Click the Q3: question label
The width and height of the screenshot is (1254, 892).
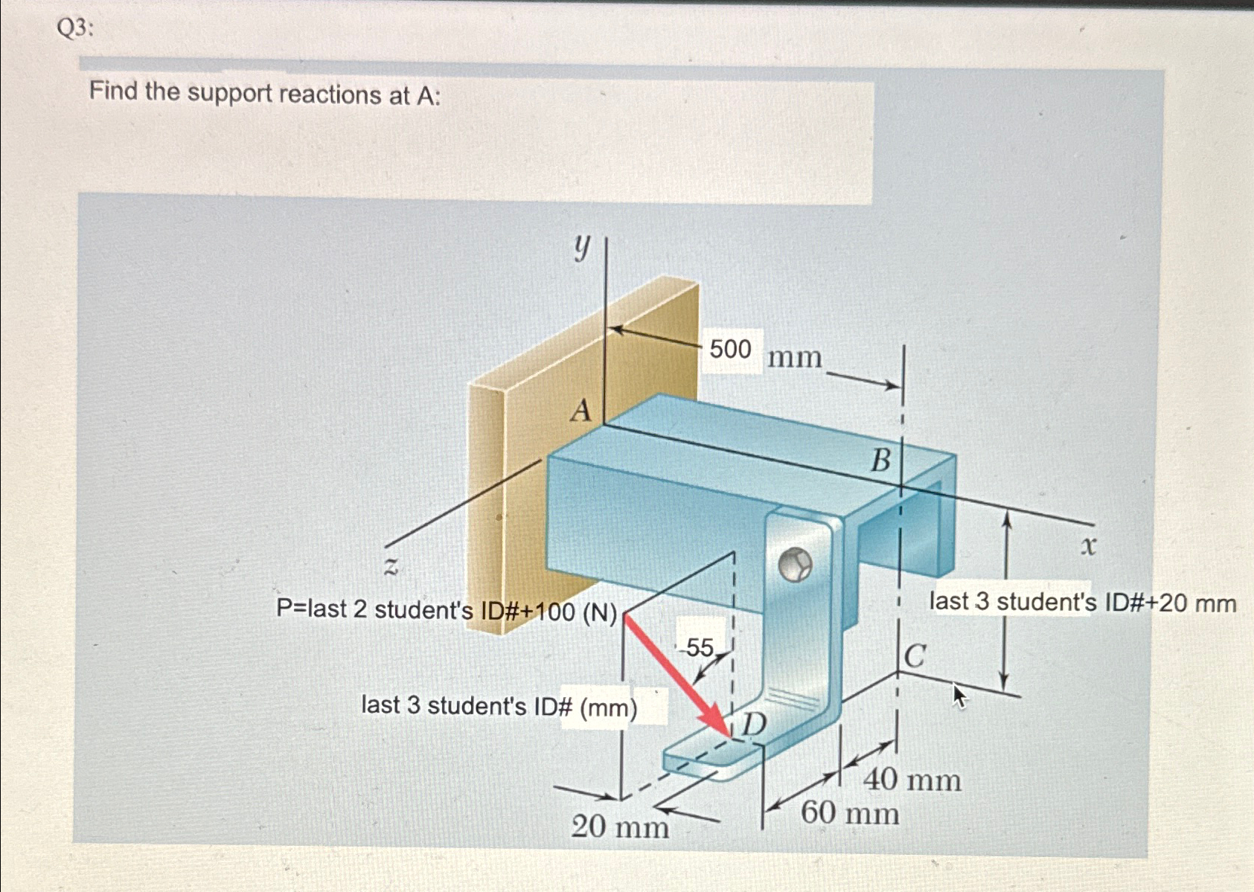(75, 29)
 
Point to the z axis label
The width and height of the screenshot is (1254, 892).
(391, 567)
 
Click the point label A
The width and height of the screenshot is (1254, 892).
(580, 410)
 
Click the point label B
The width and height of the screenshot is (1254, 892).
(880, 461)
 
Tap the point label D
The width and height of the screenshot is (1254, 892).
(754, 723)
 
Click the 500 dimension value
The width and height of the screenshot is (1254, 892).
(730, 349)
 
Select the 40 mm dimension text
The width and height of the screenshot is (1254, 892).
(912, 780)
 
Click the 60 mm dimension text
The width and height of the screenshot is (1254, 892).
(850, 812)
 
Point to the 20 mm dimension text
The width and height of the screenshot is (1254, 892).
(620, 827)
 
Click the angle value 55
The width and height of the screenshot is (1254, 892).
(700, 647)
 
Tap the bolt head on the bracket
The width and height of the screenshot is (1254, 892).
(795, 565)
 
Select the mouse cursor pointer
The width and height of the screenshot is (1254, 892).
(959, 696)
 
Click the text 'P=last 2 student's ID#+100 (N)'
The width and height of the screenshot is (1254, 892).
(447, 610)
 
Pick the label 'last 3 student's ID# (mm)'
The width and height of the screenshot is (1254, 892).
(499, 706)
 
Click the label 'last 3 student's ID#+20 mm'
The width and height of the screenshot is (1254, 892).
(1083, 602)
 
